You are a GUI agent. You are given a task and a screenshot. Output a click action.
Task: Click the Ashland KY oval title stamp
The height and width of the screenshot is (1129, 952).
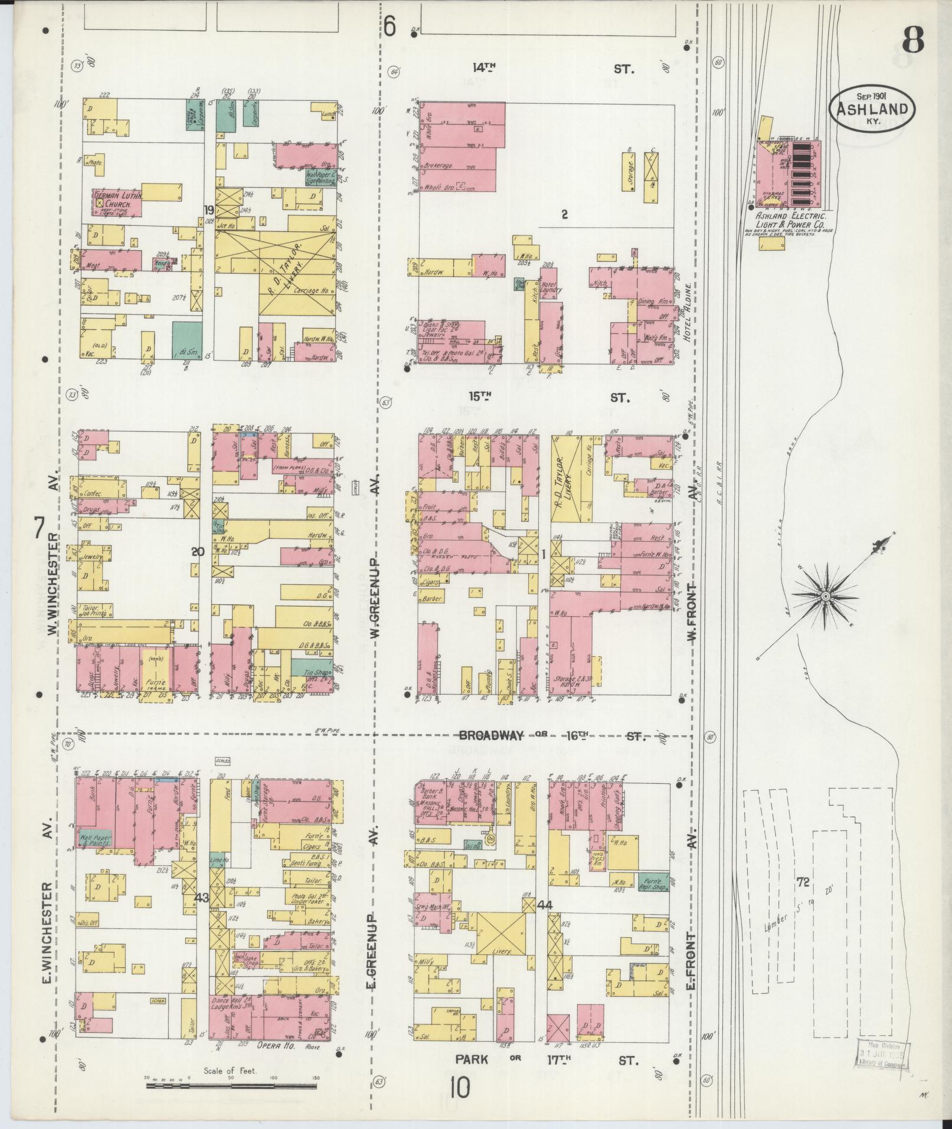coord(872,109)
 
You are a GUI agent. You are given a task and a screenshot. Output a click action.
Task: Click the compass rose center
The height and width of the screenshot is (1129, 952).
coord(825,598)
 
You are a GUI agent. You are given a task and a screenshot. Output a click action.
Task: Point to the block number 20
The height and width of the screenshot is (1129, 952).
coord(198,552)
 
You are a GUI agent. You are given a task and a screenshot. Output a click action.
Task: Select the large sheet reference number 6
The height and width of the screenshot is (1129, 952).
coord(389,27)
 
